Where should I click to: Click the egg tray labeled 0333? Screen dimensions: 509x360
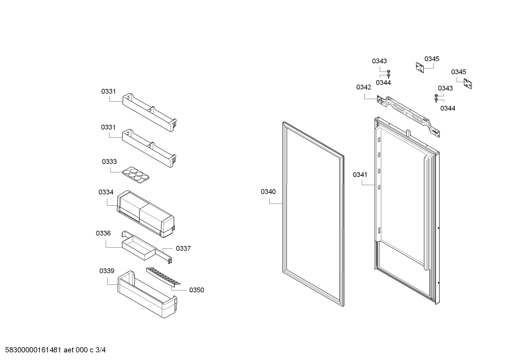(x=136, y=175)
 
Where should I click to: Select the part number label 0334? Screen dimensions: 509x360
(x=106, y=192)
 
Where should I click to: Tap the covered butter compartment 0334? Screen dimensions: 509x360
(x=146, y=214)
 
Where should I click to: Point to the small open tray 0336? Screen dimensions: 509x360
(x=139, y=247)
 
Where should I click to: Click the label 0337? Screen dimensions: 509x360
(x=183, y=248)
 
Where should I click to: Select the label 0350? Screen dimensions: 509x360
(x=197, y=290)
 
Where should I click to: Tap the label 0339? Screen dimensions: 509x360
(x=107, y=271)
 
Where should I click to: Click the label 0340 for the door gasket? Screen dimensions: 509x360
(x=268, y=192)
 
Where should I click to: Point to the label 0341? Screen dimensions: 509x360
(x=360, y=175)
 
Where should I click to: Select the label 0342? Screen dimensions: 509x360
(x=364, y=87)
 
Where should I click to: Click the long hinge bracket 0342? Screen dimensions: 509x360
(x=408, y=116)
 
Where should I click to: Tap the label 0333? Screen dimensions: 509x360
(x=109, y=161)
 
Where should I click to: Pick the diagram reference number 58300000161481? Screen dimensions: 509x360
(x=33, y=350)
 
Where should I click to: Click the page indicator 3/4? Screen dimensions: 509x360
(x=101, y=350)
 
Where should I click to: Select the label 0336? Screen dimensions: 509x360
(x=103, y=233)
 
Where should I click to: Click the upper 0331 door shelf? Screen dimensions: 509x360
(x=150, y=112)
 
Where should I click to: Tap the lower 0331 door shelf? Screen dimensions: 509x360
(x=149, y=148)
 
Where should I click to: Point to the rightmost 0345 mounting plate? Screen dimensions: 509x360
(x=468, y=84)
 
